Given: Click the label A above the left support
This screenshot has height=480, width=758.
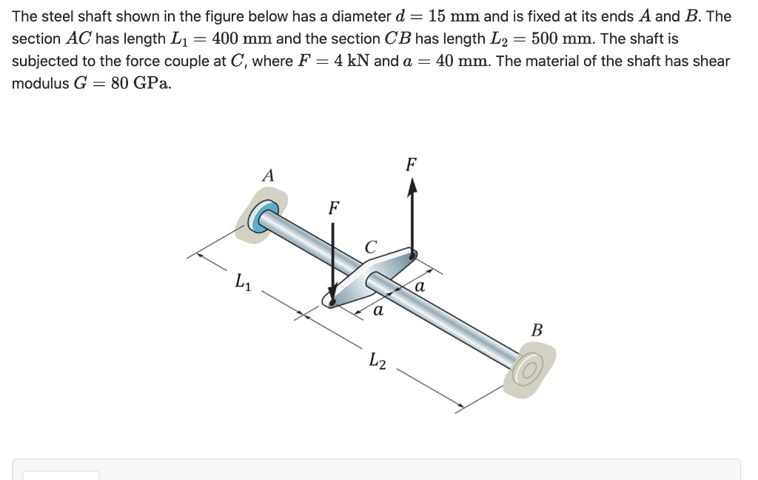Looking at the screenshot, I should point(268,176).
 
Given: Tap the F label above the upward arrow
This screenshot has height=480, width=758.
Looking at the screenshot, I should point(412,164).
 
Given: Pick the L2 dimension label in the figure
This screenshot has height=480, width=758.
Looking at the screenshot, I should point(378,361).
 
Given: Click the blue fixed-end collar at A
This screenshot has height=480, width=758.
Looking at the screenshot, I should point(261,219).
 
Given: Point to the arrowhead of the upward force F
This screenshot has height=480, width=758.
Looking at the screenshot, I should point(412,188).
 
